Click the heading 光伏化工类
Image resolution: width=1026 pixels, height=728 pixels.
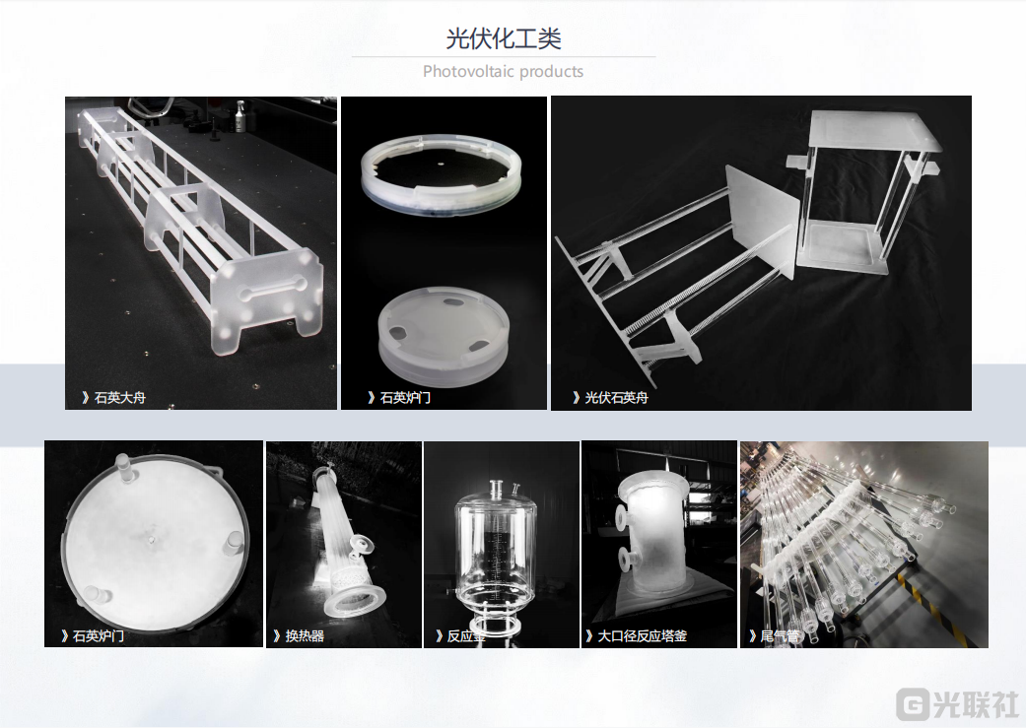504,38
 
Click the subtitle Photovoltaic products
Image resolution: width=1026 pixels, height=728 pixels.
504,71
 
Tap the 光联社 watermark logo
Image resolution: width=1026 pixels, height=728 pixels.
958,703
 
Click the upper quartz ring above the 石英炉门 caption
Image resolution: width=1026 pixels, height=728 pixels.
441,196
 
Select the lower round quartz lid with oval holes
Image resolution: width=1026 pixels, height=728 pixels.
443,335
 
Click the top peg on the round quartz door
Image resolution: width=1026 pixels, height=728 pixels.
123,463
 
